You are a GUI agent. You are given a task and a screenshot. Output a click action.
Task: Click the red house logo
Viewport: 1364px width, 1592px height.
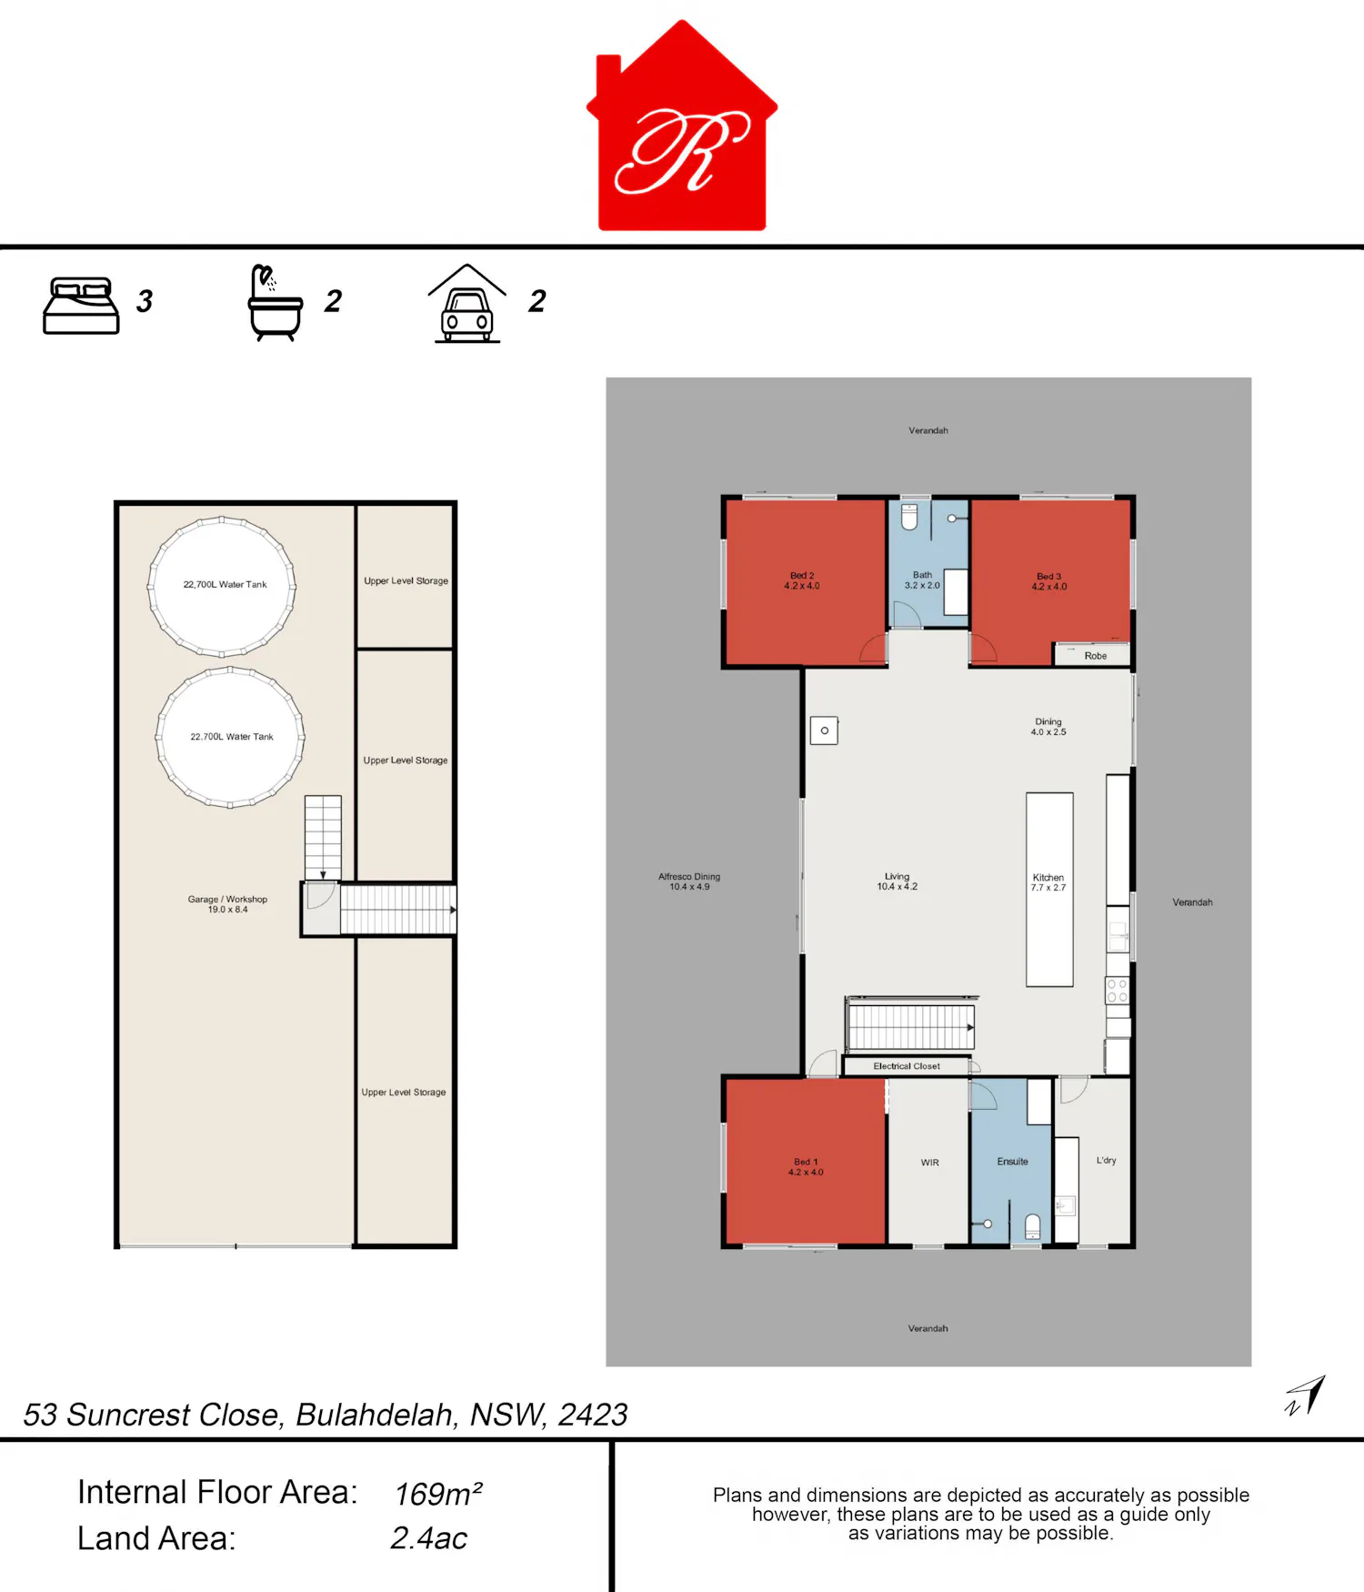tap(682, 126)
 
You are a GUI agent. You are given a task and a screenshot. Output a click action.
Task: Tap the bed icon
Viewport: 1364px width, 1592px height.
tap(81, 306)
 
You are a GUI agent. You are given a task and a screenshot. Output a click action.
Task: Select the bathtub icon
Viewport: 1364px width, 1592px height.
tap(275, 303)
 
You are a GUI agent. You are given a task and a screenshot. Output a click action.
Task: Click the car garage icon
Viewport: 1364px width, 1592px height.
tap(467, 304)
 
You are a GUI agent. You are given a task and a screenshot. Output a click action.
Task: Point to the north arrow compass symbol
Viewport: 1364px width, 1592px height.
tap(1306, 1396)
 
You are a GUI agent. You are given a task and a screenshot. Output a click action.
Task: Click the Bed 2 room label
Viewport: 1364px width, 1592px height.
tap(802, 580)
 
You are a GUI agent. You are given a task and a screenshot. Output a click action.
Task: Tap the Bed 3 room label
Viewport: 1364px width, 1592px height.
tap(1049, 581)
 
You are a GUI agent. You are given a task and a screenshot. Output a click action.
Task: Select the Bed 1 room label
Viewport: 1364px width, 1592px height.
tap(806, 1167)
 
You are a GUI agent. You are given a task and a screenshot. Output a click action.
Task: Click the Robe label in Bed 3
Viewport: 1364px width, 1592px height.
tap(1096, 656)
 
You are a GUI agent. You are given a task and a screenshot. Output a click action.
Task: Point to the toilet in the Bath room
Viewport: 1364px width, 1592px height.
tap(909, 516)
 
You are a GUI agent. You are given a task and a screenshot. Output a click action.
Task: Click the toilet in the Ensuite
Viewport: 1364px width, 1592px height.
tap(1033, 1227)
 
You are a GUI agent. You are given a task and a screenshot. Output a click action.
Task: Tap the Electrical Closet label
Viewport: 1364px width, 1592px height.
tap(907, 1066)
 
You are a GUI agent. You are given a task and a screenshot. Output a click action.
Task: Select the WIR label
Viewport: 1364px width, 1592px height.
tap(929, 1163)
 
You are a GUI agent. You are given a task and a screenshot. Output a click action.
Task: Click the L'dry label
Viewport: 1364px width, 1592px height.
tap(1106, 1161)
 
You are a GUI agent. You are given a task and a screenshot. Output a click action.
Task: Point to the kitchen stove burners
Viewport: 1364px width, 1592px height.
tap(1118, 991)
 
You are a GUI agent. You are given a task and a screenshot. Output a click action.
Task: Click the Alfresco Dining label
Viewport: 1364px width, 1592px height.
tap(689, 882)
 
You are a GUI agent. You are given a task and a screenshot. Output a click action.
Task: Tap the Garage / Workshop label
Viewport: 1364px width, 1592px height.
tap(227, 904)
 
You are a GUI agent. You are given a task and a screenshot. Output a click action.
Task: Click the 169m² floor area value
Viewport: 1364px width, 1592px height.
tap(438, 1493)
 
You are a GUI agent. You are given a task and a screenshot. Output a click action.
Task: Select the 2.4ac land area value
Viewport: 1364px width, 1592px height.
tap(428, 1538)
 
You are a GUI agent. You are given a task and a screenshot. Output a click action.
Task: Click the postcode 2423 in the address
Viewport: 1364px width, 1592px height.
tap(593, 1415)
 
